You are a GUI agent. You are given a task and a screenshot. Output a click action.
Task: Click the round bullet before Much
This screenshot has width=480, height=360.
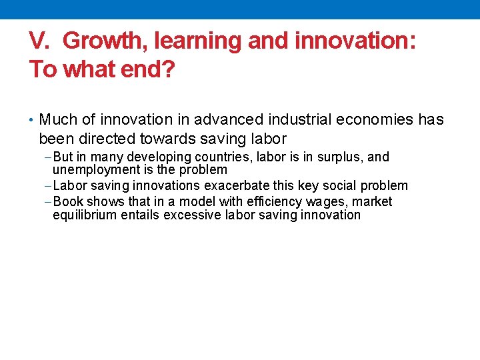coord(32,120)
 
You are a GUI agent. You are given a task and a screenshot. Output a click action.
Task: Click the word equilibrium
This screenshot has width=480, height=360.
coord(85,215)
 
